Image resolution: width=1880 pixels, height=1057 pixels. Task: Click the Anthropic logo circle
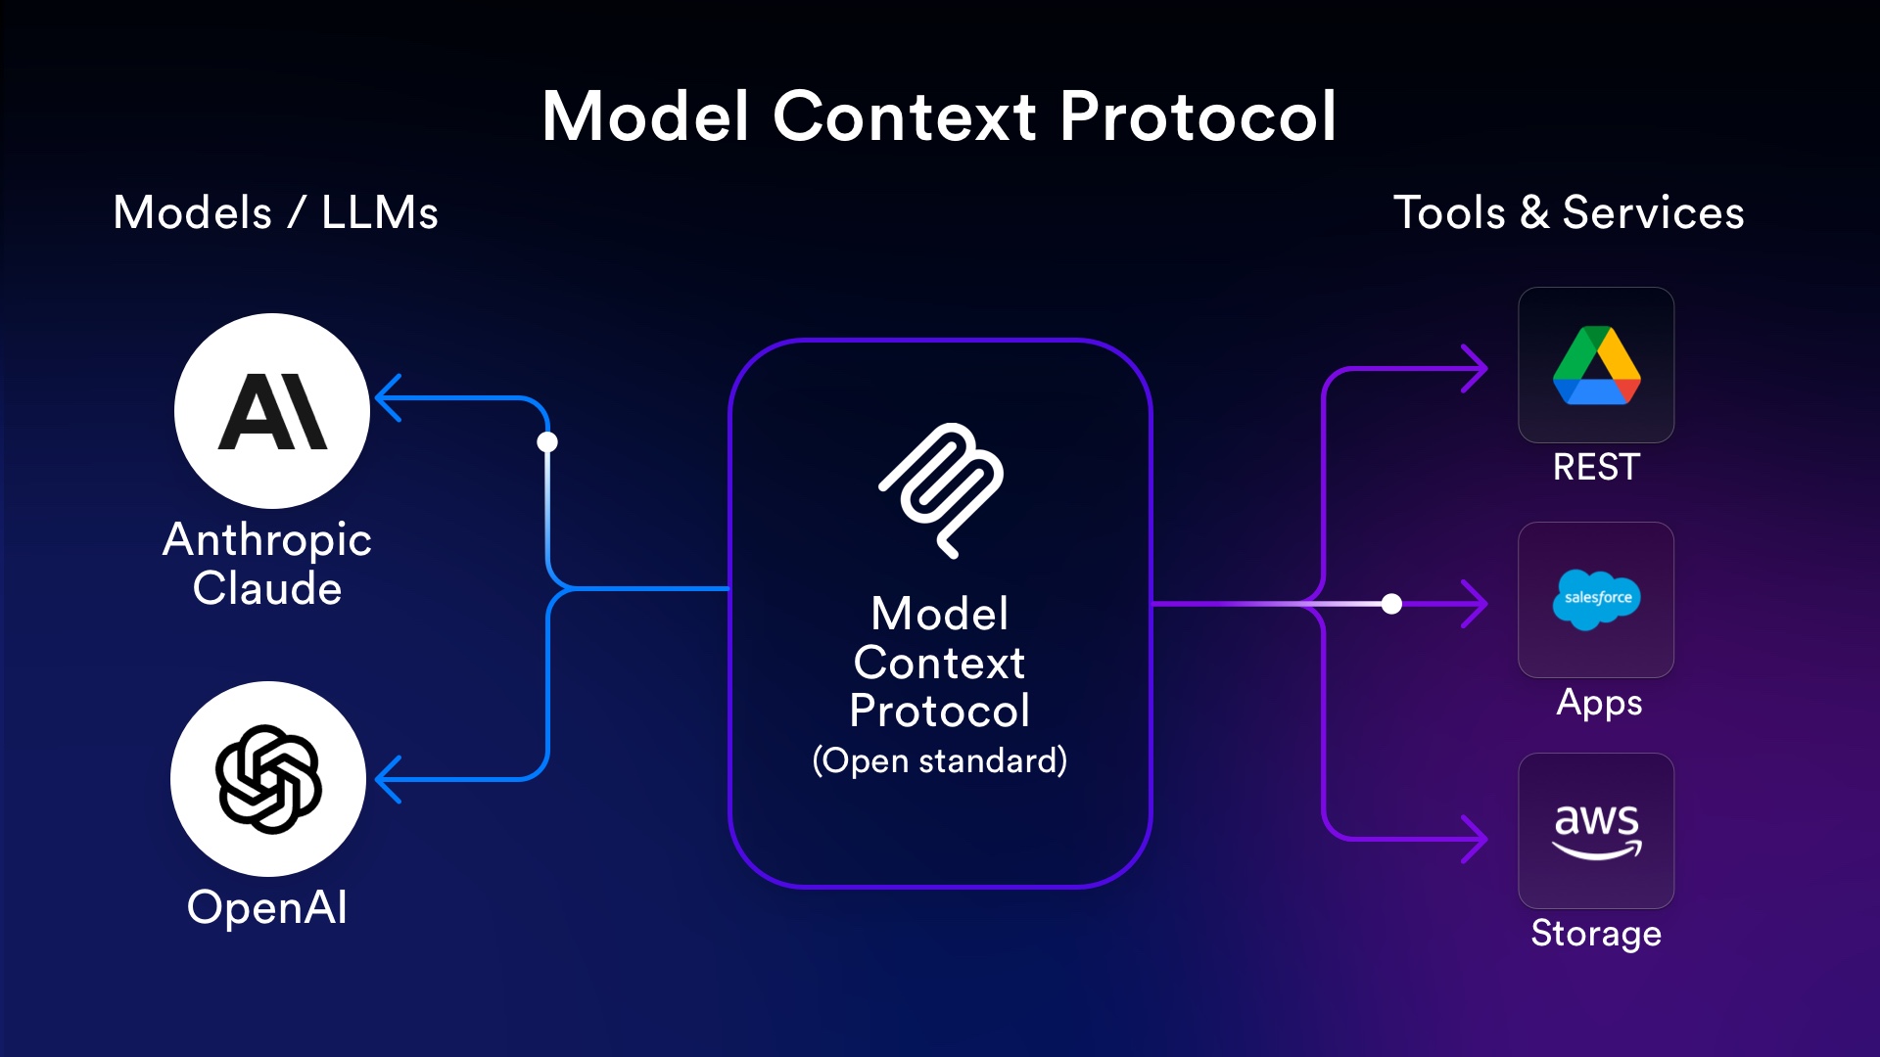[x=272, y=411]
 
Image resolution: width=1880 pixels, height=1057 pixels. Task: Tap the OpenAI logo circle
[x=268, y=779]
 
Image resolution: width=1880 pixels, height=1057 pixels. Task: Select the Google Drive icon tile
[x=1596, y=365]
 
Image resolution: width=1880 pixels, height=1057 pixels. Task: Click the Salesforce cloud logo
[x=1597, y=599]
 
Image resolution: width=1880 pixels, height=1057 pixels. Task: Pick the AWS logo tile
[x=1596, y=831]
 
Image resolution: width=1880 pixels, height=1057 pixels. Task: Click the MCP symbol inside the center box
[x=941, y=490]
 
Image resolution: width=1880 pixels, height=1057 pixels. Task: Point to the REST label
[x=1596, y=467]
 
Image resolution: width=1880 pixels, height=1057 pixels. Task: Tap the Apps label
[x=1599, y=703]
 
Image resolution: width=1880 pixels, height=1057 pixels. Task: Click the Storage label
[x=1596, y=934]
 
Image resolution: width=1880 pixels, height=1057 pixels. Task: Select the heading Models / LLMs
[x=275, y=212]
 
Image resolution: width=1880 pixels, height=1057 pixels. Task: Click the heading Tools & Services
[x=1569, y=212]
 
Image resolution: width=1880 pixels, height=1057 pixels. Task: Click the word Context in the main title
[x=904, y=116]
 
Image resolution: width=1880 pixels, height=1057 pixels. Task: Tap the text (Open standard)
[x=940, y=760]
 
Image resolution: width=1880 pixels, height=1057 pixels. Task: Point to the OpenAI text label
[x=267, y=907]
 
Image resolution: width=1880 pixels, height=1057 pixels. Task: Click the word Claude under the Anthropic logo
[x=267, y=588]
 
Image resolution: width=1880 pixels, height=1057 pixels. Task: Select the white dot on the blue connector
[x=547, y=442]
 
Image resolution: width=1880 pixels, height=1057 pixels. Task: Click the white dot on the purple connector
[x=1391, y=604]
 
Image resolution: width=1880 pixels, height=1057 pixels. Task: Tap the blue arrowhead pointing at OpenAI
[x=389, y=779]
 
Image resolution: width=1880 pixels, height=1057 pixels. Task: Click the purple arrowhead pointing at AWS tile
[x=1475, y=839]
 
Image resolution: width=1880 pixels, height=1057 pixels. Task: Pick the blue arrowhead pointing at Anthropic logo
[x=389, y=397]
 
